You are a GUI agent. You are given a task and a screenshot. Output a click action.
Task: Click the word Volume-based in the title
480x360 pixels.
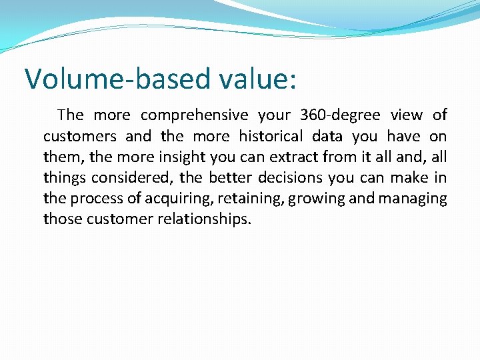pyautogui.click(x=117, y=79)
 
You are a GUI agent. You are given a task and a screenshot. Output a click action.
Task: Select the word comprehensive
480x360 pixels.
pyautogui.click(x=195, y=115)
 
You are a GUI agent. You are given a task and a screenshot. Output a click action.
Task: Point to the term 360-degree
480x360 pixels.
pyautogui.click(x=340, y=115)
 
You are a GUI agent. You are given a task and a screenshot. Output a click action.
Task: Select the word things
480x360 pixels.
pyautogui.click(x=65, y=178)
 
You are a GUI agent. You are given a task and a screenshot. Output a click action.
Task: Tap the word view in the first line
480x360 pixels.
pyautogui.click(x=407, y=115)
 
